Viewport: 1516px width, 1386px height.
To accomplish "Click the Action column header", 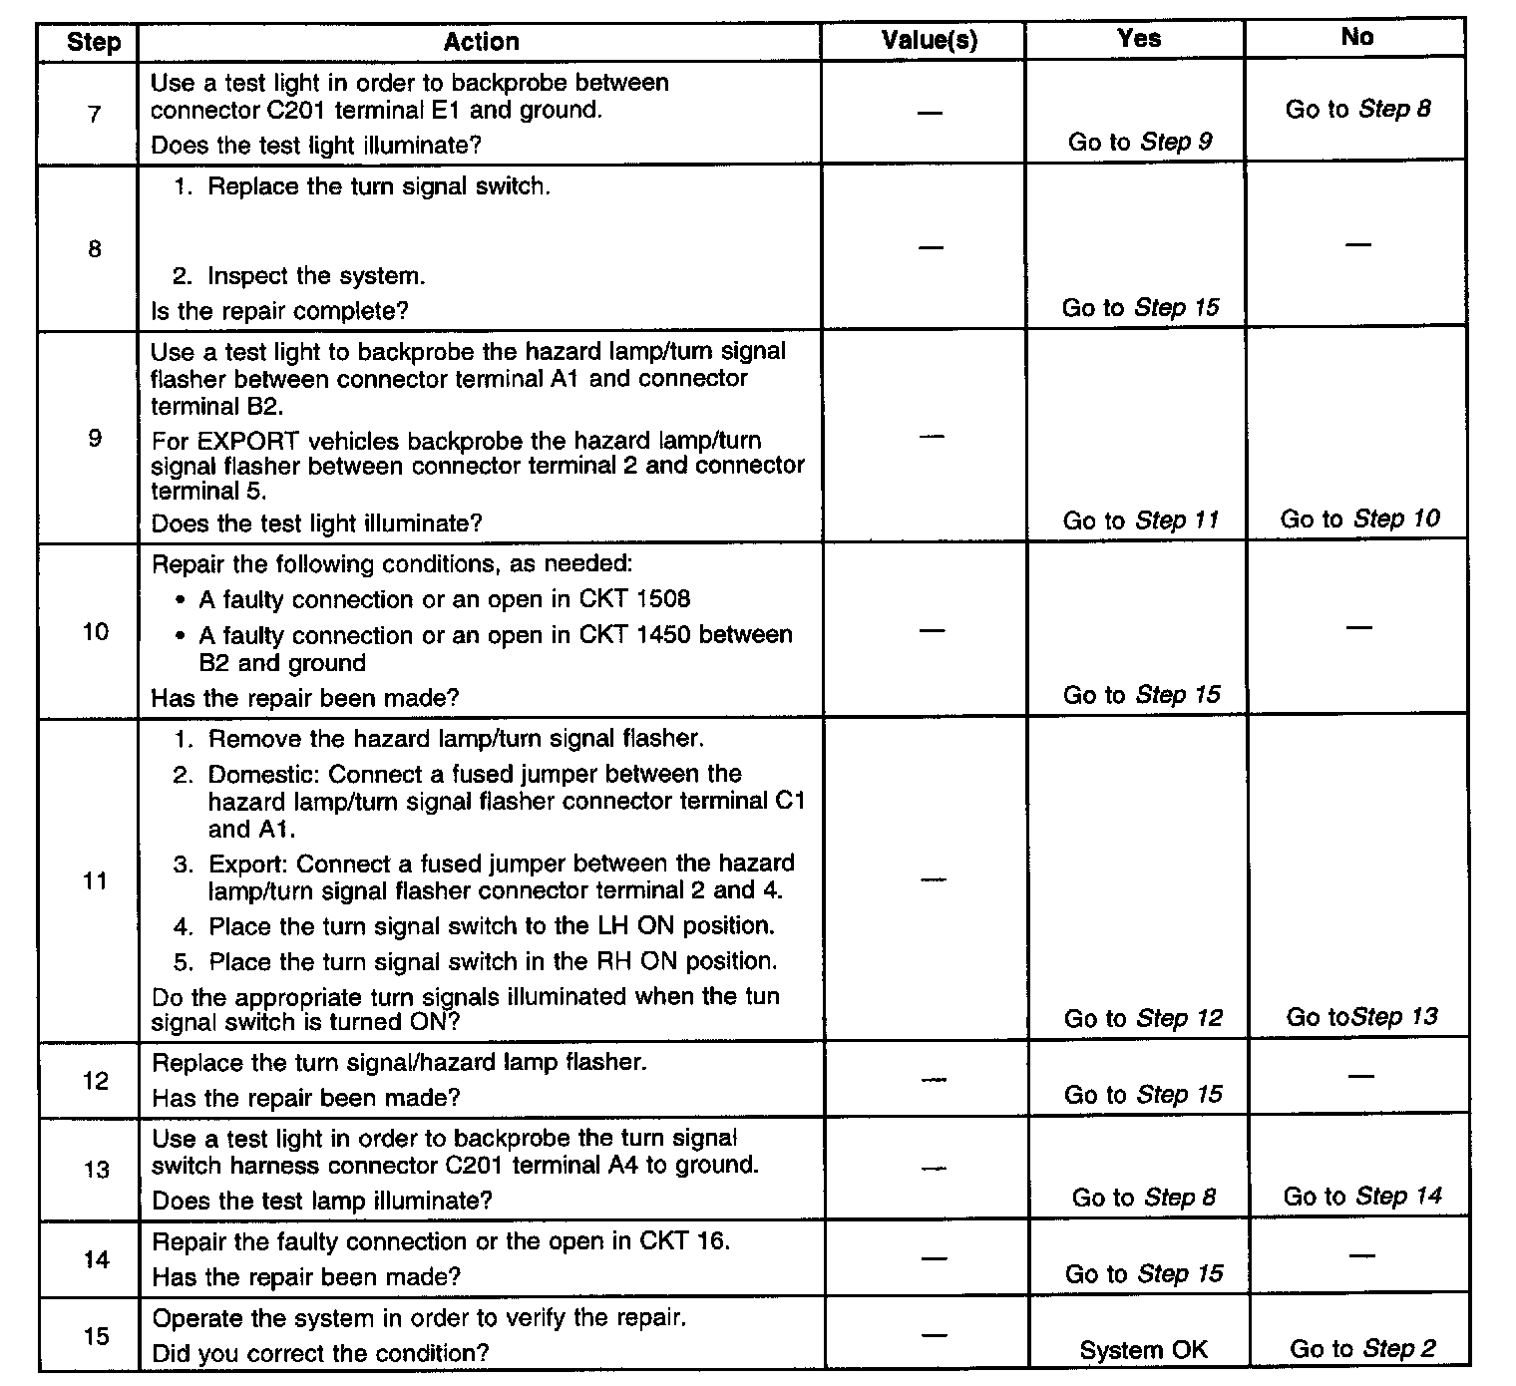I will [x=481, y=42].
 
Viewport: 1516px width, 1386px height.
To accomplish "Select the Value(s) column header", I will [x=930, y=41].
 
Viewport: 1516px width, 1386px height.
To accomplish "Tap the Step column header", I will [x=94, y=42].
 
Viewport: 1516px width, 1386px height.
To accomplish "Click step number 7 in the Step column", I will [x=95, y=114].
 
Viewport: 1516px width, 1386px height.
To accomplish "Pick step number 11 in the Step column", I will [x=95, y=881].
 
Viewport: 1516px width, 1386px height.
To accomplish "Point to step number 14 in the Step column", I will [x=96, y=1259].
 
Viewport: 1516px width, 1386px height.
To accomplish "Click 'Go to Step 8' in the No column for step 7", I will [x=1357, y=109].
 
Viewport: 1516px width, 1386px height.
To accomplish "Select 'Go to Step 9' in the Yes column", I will [x=1140, y=142].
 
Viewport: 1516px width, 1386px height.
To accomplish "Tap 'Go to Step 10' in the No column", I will [x=1359, y=519].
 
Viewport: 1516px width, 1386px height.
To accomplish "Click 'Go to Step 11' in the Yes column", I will [x=1141, y=520].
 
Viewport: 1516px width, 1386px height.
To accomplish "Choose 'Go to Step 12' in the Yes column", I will [x=1143, y=1018].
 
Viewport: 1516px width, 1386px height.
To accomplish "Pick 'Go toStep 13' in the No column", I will [x=1361, y=1017].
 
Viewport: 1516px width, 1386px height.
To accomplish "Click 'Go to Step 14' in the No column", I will [x=1362, y=1196].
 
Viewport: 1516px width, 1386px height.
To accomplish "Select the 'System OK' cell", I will [x=1143, y=1350].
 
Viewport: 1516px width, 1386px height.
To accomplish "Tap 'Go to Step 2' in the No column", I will [x=1362, y=1349].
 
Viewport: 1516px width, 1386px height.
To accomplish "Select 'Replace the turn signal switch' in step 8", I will [x=378, y=186].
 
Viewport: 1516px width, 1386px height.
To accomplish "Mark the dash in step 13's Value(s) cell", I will [x=933, y=1168].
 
